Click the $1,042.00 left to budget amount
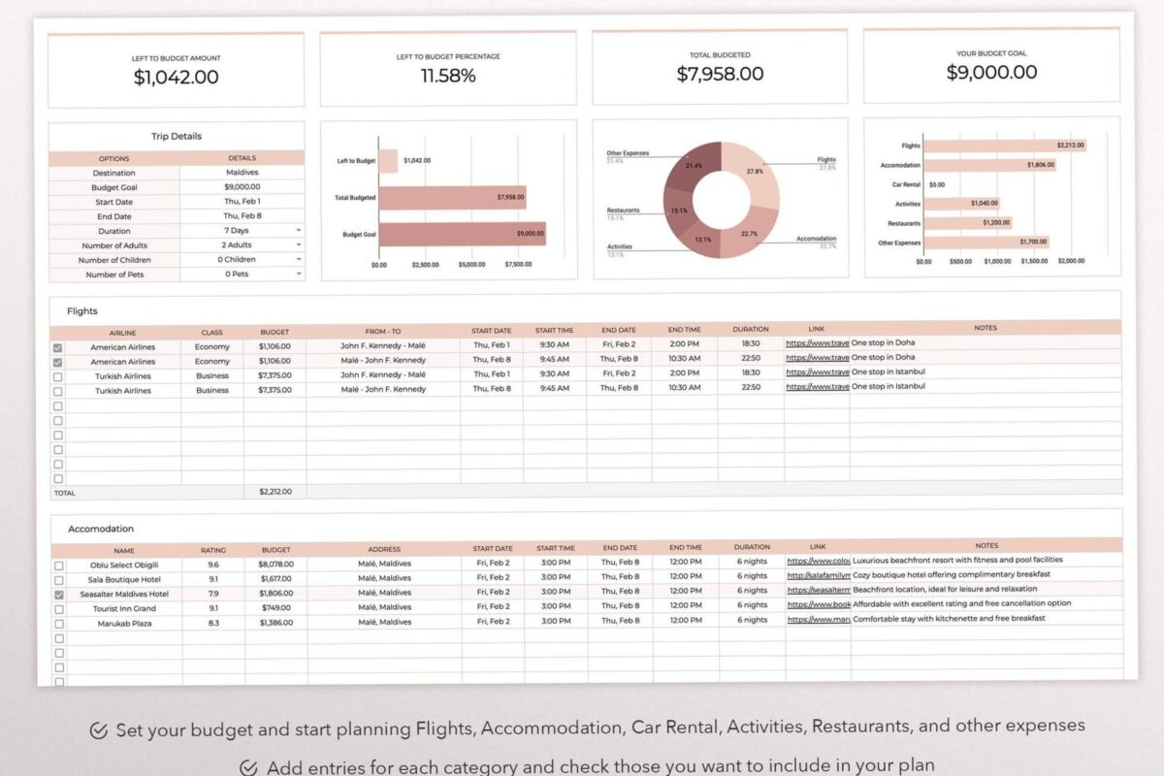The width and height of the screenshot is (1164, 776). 176,78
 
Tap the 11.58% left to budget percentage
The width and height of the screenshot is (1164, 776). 448,76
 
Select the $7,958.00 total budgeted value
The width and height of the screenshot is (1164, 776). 720,74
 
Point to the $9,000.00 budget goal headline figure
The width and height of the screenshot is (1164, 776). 991,72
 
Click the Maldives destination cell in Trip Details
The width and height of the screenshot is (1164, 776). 242,173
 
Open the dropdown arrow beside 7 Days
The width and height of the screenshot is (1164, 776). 299,231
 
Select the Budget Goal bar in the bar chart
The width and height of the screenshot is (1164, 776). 462,234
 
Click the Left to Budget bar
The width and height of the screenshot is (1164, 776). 388,160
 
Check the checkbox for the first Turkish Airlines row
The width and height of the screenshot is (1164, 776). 58,376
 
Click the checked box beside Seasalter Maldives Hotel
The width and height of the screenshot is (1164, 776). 59,595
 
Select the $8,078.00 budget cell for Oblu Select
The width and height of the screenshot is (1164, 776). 275,564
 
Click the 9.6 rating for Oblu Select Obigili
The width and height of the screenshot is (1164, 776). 213,564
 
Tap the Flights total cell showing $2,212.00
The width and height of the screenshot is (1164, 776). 275,492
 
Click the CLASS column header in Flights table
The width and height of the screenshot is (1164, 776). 211,333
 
